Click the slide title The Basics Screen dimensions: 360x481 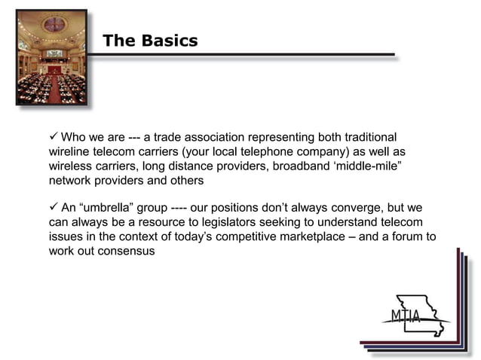coord(150,41)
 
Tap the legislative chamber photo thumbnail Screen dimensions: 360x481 coord(51,56)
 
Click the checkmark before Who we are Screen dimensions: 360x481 coord(52,137)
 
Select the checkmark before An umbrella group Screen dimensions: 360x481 coord(52,207)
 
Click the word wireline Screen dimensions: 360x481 coord(72,152)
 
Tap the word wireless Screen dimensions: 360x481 coord(72,166)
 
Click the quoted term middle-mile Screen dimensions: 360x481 coord(371,166)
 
